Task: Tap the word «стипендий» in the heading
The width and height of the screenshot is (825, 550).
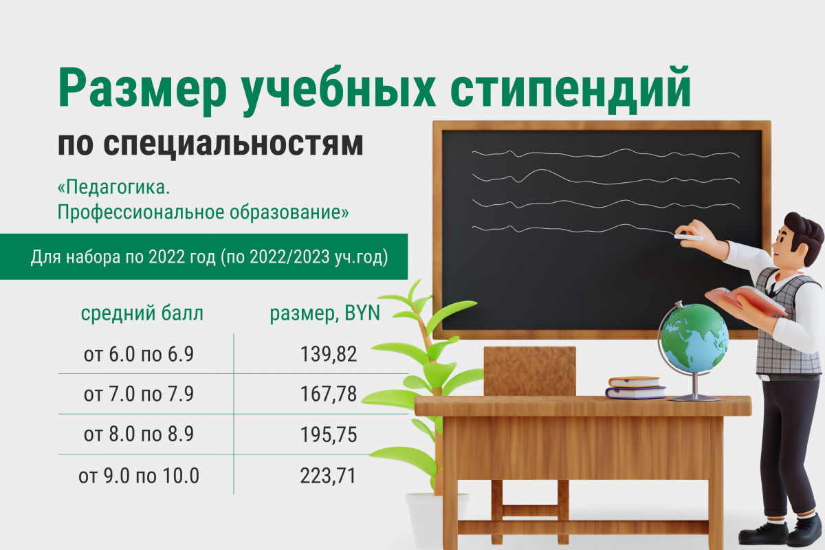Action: pos(571,91)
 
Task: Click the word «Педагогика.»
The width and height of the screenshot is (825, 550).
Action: pos(114,188)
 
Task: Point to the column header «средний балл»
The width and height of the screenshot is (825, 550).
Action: pos(142,313)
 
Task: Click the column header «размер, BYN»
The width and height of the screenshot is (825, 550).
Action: pos(324,313)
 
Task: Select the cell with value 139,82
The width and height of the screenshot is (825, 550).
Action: pos(329,354)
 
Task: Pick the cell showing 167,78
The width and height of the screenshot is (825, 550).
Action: pos(329,394)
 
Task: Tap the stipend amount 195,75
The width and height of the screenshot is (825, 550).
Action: pos(329,434)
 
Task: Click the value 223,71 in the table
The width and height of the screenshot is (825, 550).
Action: pos(328,476)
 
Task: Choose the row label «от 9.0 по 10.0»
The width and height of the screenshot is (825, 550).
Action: pos(139,476)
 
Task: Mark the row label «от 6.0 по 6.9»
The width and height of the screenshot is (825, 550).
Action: pos(139,354)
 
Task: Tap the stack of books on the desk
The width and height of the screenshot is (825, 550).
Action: pos(636,387)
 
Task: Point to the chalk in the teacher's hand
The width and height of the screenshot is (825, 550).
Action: pos(688,238)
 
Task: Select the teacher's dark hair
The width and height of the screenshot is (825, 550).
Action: pos(803,234)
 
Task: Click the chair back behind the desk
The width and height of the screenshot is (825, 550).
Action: pos(529,371)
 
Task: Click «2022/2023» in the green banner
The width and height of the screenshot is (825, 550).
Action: pos(289,256)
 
